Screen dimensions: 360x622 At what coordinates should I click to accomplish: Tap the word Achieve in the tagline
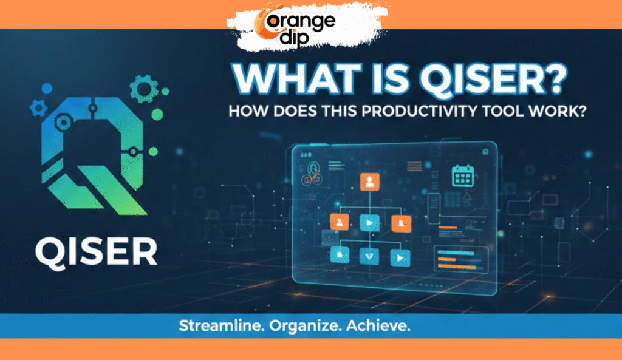(x=378, y=326)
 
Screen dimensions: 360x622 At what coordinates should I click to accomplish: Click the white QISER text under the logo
(x=95, y=251)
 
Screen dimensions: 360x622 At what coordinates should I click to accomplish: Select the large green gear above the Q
(x=144, y=89)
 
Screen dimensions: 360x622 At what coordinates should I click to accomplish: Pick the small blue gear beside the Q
(x=38, y=108)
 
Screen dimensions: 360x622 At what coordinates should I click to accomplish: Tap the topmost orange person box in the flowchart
(x=369, y=182)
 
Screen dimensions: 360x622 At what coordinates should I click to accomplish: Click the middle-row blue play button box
(x=369, y=223)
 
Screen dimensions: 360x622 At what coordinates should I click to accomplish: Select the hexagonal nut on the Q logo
(x=63, y=121)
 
